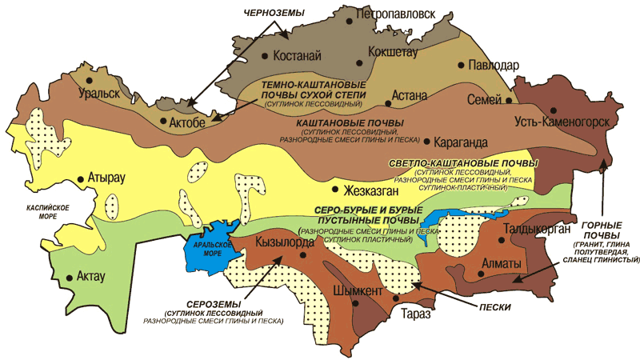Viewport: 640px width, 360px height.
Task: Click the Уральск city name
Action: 109,93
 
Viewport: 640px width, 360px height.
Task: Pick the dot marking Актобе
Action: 163,123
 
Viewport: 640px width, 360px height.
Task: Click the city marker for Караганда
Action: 428,142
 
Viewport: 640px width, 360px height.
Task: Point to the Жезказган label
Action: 374,191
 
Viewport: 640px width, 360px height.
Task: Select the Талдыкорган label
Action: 536,232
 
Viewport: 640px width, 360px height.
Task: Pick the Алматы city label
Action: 502,262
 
